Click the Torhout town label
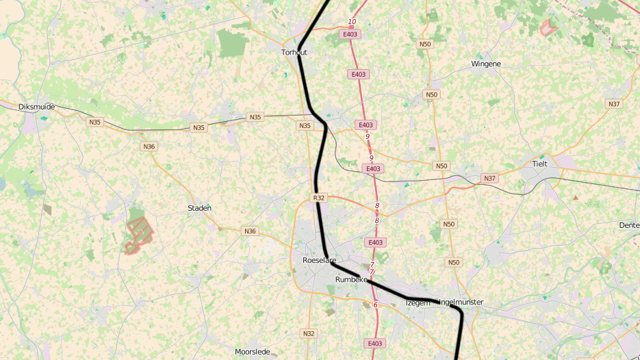tap(294, 52)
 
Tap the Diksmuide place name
tap(37, 107)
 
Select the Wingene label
tap(486, 64)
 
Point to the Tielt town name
tap(541, 164)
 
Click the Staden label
tap(199, 208)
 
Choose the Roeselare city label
tap(319, 260)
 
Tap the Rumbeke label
tap(352, 280)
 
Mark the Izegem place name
tap(417, 302)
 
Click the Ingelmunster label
tap(461, 302)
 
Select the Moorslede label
tap(252, 352)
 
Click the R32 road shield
tap(319, 198)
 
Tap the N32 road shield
tap(309, 333)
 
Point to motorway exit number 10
tap(352, 22)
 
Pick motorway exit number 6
tap(375, 305)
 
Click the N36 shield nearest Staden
tap(250, 231)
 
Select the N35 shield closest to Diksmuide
tap(94, 122)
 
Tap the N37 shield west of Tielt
tap(489, 179)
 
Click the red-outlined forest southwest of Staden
tap(139, 233)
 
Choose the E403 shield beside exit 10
tap(350, 34)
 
